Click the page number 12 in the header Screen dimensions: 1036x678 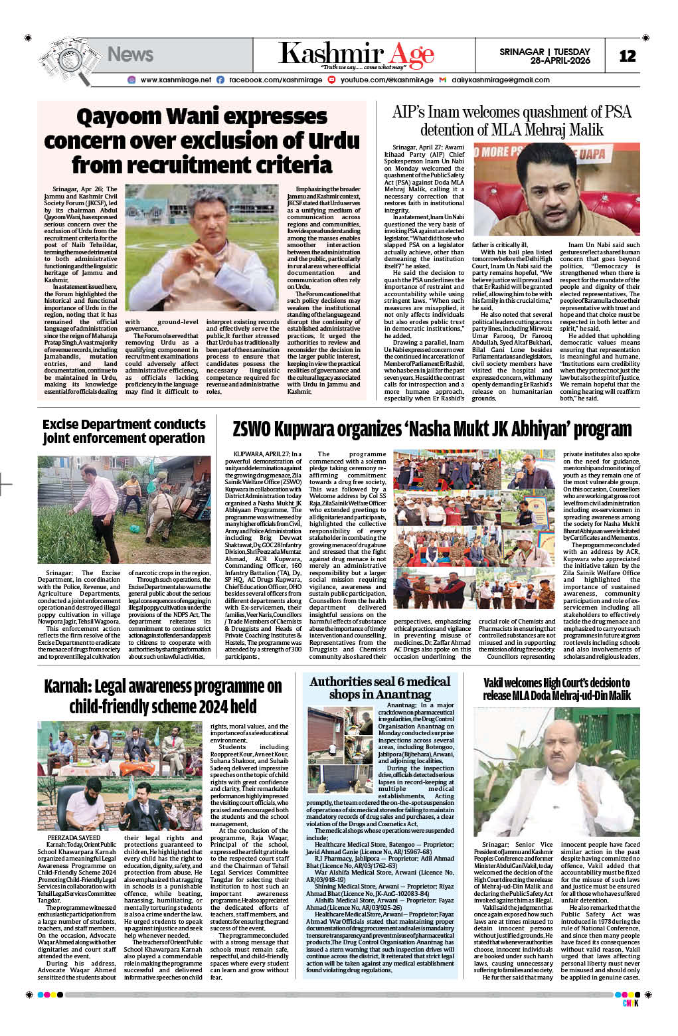(627, 56)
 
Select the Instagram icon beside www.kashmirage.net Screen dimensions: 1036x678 (131, 80)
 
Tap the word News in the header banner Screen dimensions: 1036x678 (130, 54)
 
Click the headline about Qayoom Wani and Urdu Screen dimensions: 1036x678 (202, 140)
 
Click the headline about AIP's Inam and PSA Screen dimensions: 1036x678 (511, 120)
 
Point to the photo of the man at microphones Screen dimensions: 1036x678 (556, 192)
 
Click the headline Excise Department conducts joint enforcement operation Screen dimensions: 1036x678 (124, 431)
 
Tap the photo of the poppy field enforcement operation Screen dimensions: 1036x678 (124, 510)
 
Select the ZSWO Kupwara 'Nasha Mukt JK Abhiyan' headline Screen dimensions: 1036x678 (432, 429)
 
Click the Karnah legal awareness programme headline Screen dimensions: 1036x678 (163, 695)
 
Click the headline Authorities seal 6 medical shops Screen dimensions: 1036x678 (380, 687)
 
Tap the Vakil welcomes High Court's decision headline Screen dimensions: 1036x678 (556, 689)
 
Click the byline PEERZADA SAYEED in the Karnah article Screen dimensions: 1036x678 (74, 837)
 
